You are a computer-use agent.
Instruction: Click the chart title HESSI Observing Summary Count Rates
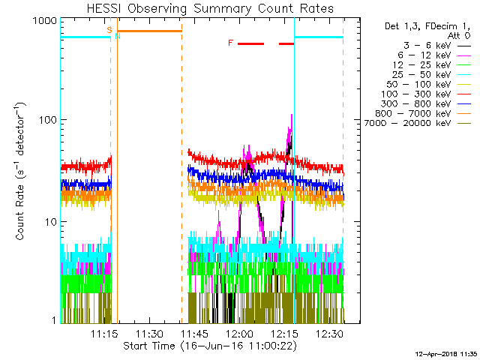click(x=209, y=8)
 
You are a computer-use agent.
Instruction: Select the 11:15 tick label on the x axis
click(x=104, y=333)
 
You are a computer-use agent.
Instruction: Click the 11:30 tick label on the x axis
click(x=149, y=333)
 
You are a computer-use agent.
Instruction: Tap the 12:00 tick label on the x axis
click(x=239, y=333)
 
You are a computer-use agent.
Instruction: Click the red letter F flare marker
click(x=230, y=43)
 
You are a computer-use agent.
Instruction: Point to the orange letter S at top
click(x=110, y=30)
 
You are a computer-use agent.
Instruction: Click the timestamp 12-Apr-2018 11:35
click(x=448, y=352)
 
